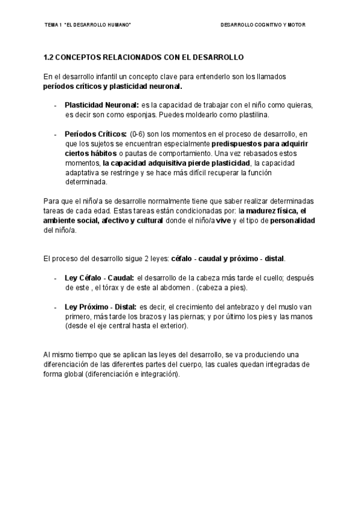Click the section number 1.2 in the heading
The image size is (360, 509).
click(49, 58)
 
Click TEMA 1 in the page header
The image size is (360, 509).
click(53, 25)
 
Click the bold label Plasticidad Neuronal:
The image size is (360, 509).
click(101, 104)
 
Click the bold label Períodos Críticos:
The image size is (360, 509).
click(95, 133)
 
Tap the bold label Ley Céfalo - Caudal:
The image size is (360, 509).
click(99, 277)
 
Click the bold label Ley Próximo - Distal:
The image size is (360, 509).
click(100, 307)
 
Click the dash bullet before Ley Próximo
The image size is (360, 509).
click(56, 307)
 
